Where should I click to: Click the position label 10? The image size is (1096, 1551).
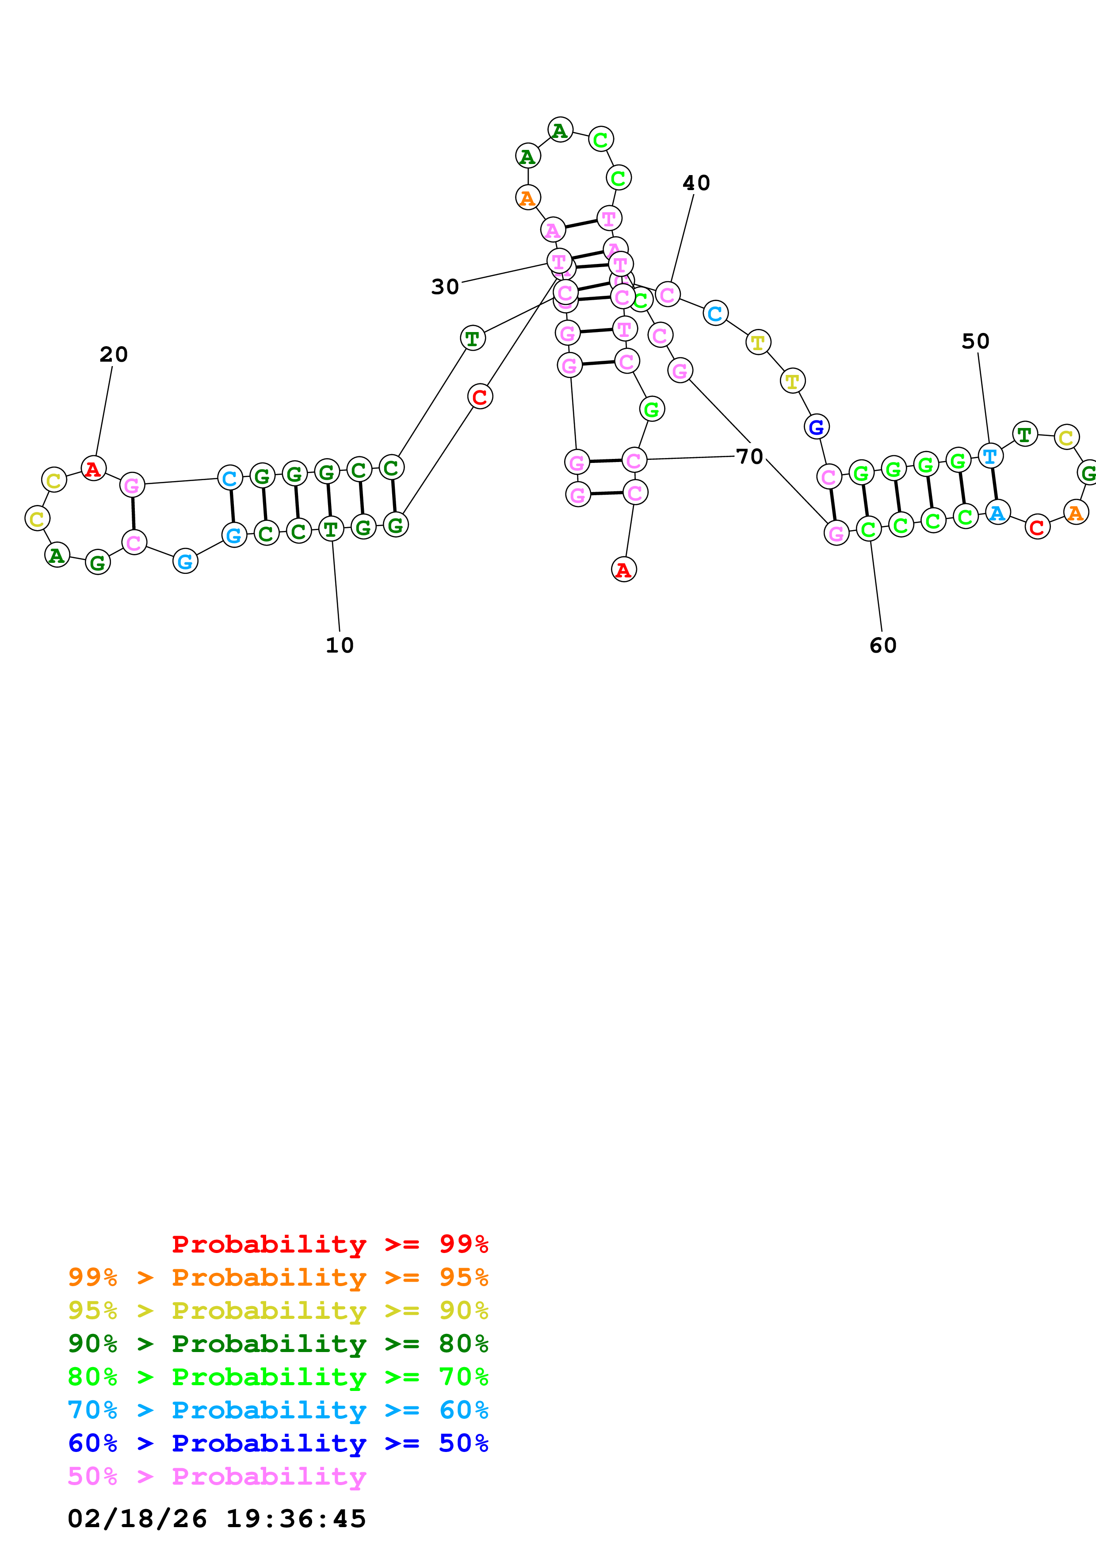point(339,645)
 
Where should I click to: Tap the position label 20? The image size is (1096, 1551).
point(114,354)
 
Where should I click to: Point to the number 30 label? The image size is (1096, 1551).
point(445,287)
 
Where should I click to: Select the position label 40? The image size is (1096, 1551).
point(696,183)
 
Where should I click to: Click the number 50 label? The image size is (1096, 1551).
point(975,341)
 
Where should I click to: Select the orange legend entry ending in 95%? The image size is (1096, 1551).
point(278,1277)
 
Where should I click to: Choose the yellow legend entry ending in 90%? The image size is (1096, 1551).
point(278,1310)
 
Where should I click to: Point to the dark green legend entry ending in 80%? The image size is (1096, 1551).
point(278,1344)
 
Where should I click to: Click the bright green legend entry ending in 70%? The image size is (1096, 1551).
point(278,1377)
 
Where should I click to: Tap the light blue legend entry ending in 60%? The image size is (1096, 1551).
point(278,1410)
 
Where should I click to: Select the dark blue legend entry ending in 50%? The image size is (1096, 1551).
point(278,1443)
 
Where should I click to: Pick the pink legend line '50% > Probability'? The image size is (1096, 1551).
point(217,1476)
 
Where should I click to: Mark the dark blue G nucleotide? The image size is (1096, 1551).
point(817,427)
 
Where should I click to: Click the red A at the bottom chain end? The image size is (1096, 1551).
point(624,569)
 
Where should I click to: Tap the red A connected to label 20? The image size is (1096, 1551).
point(93,468)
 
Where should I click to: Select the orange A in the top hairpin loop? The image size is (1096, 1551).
point(527,198)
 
